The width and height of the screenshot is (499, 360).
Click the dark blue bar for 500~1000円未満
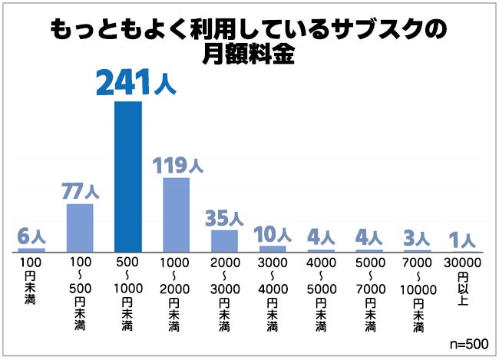pyautogui.click(x=127, y=177)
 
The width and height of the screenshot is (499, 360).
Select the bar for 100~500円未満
pyautogui.click(x=80, y=228)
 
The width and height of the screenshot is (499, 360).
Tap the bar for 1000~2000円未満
pyautogui.click(x=176, y=215)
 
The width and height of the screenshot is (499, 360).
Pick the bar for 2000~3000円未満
pyautogui.click(x=224, y=241)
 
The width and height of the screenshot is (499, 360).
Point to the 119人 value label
pyautogui.click(x=177, y=164)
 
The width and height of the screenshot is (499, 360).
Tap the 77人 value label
pyautogui.click(x=81, y=190)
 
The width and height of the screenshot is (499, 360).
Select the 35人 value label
pyautogui.click(x=225, y=217)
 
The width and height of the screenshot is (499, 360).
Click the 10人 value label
pyautogui.click(x=273, y=233)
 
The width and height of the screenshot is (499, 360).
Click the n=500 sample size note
pyautogui.click(x=467, y=343)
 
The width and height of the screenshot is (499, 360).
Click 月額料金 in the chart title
pyautogui.click(x=249, y=55)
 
